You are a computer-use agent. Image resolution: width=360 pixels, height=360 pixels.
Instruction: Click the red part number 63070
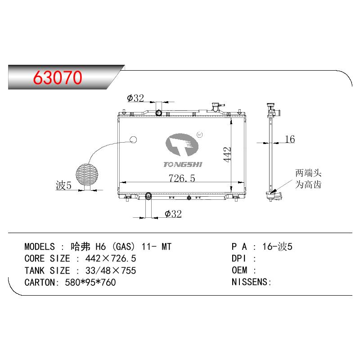(x=58, y=77)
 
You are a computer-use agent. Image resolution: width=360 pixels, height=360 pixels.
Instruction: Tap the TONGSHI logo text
(x=183, y=164)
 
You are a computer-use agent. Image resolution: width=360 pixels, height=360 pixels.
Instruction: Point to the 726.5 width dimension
(x=182, y=178)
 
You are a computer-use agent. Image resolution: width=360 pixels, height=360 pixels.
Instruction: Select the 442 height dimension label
(x=227, y=154)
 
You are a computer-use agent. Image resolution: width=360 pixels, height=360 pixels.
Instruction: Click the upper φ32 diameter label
(x=135, y=98)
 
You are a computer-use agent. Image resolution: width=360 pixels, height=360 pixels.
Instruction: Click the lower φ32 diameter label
(x=173, y=214)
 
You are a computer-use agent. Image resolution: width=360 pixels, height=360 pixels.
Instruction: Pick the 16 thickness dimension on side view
(x=290, y=139)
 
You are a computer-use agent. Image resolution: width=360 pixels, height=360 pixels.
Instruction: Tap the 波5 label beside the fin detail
(x=63, y=185)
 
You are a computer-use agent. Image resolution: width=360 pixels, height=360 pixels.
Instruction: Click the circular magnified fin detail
(x=87, y=174)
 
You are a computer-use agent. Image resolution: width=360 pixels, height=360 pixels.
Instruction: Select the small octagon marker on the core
(x=133, y=139)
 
